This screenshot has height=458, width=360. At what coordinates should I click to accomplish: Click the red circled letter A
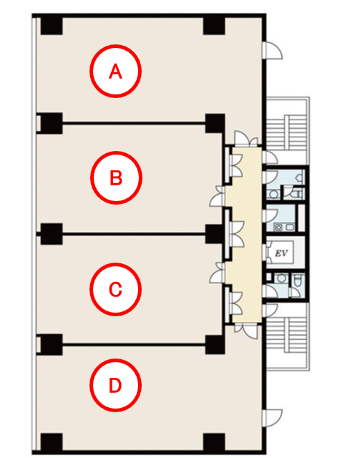(115, 71)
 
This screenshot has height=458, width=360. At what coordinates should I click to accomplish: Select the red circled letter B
(116, 177)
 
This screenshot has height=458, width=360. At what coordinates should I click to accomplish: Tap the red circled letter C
(115, 289)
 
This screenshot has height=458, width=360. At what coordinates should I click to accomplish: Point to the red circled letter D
(115, 385)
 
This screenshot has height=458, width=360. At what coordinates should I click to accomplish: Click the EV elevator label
(281, 253)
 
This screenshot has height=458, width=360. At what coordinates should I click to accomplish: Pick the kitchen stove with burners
(278, 227)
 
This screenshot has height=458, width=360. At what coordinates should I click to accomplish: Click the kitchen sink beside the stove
(290, 227)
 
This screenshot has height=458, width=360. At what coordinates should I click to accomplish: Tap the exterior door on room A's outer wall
(272, 50)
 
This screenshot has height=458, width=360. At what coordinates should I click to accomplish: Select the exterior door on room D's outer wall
(272, 419)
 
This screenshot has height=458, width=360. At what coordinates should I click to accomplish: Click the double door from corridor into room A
(246, 139)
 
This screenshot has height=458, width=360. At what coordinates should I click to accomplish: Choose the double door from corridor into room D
(246, 330)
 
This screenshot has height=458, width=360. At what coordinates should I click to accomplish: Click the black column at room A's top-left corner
(52, 26)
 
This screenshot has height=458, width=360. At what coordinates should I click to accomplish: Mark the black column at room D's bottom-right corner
(214, 442)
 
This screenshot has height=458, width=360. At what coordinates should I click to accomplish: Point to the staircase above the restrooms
(288, 131)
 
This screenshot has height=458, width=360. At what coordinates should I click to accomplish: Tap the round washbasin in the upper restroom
(273, 194)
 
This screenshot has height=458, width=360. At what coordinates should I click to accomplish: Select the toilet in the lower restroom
(296, 281)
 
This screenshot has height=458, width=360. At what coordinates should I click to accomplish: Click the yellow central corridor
(246, 235)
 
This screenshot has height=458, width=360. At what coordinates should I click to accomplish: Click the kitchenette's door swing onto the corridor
(271, 216)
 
